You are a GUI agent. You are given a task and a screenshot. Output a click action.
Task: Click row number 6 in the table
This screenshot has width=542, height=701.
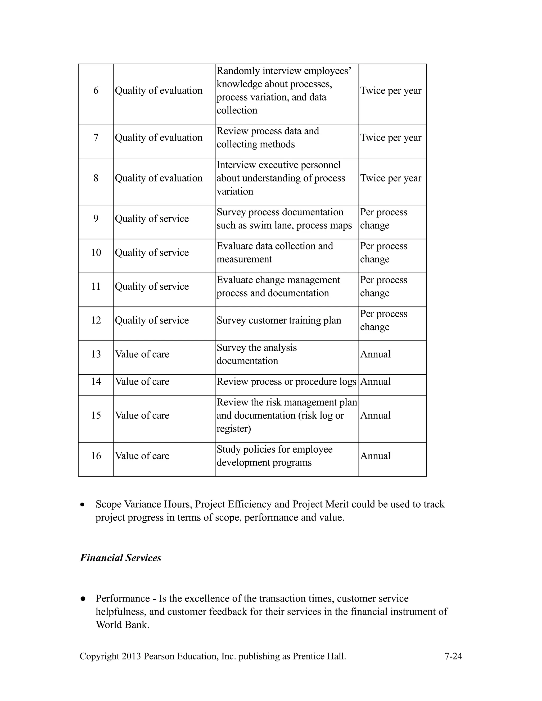pos(96,90)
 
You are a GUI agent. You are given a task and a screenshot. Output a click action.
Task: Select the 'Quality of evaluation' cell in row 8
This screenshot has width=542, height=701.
pos(159,178)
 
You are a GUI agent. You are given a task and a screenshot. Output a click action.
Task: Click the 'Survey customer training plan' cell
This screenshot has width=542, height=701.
pos(279,320)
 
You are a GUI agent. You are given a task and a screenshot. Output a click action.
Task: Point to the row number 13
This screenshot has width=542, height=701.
pos(96,354)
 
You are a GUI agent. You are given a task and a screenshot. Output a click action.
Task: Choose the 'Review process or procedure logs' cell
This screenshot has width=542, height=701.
pos(286,382)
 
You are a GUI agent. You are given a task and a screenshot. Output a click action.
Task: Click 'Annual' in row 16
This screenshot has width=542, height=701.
pos(375,456)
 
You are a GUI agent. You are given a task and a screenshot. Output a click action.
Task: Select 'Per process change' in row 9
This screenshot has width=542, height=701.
pos(383,219)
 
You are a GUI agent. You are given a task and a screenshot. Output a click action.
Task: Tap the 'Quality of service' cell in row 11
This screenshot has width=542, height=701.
pos(152,286)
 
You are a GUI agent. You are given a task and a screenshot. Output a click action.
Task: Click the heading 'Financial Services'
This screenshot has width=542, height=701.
pos(120,558)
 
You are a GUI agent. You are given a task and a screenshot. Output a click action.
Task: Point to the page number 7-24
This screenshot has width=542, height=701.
pos(453,656)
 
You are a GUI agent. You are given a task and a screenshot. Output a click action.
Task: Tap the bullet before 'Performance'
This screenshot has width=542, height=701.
pos(83,599)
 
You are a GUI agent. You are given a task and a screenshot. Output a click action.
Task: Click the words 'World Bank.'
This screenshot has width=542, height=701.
pos(123,625)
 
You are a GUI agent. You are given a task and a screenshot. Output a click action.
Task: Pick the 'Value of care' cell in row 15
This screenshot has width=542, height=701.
pos(142,415)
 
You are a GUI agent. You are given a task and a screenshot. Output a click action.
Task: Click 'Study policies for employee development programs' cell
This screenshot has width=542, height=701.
pos(274,456)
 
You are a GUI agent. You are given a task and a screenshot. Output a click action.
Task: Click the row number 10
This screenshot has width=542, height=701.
pos(96,252)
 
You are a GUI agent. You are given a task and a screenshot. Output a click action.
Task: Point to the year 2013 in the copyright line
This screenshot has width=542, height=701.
pos(131,656)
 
